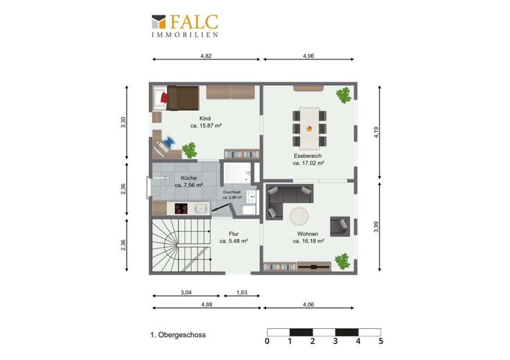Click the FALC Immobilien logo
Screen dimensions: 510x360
(185, 26)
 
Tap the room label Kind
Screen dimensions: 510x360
(205, 118)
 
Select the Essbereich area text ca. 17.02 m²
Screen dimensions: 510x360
(308, 163)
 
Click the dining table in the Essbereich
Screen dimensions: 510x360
(309, 128)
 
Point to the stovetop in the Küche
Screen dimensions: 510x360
(181, 208)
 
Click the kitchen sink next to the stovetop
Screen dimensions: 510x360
(202, 208)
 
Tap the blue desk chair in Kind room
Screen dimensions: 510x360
(169, 142)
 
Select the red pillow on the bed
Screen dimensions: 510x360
(164, 98)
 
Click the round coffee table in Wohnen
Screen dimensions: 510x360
(299, 216)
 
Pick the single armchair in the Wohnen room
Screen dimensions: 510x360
(340, 226)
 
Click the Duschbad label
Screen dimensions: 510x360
(231, 192)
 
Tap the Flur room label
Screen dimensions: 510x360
(234, 234)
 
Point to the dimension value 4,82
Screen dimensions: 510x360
(206, 56)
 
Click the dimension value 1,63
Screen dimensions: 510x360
(242, 292)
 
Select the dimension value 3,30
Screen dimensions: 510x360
(123, 123)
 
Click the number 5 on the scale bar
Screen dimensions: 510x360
(381, 341)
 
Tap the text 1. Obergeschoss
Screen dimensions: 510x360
(178, 334)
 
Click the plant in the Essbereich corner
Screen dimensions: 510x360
(344, 96)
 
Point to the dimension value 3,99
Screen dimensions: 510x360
(376, 226)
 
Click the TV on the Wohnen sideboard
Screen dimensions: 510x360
(314, 267)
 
